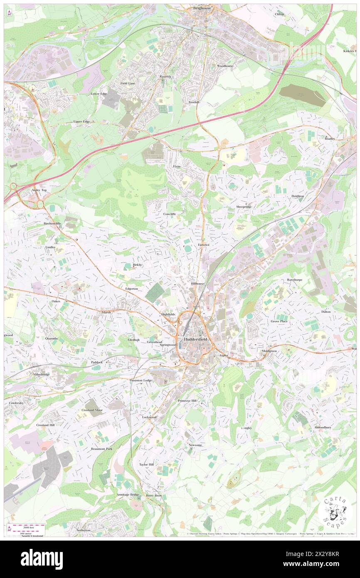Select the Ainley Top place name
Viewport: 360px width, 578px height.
[39, 190]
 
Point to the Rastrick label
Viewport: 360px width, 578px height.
[165, 77]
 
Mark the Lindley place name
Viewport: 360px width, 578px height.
[50, 247]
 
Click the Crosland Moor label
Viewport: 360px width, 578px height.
[92, 410]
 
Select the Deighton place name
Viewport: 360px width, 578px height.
[298, 196]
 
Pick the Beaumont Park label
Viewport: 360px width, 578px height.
[101, 449]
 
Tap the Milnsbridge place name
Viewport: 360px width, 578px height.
[42, 374]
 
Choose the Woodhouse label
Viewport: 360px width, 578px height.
[225, 66]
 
